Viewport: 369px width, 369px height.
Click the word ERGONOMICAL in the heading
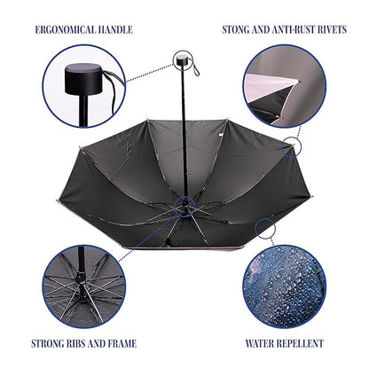pos(65,30)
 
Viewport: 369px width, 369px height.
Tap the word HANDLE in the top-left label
pos(115,30)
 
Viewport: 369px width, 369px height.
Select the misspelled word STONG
pos(235,30)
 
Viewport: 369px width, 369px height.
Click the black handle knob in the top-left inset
pos(83,79)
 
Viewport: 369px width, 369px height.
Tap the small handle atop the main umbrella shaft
pos(181,61)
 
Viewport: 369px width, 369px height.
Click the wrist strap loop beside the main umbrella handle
pos(194,67)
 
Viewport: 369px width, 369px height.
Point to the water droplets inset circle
pos(285,287)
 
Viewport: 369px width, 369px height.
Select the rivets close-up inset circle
pos(284,86)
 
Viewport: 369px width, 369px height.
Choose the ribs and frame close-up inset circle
pos(84,287)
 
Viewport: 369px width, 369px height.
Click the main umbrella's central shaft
pos(184,133)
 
